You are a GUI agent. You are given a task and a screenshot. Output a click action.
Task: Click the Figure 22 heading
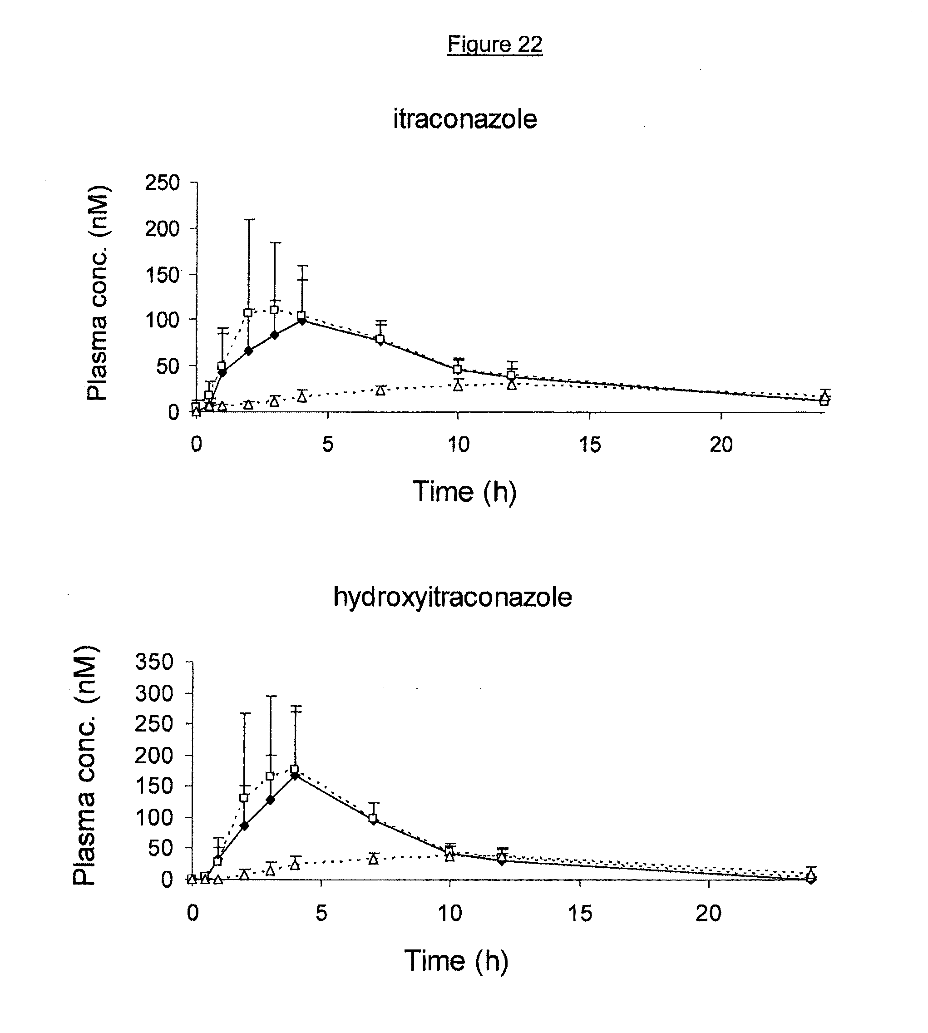tap(494, 45)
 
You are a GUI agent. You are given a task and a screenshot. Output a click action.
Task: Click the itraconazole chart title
tap(464, 119)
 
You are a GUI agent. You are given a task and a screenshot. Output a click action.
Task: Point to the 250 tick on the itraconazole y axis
tap(162, 183)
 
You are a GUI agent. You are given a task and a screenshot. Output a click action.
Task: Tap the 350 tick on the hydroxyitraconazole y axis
tap(154, 662)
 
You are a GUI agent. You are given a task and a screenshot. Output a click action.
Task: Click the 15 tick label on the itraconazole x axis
tap(590, 445)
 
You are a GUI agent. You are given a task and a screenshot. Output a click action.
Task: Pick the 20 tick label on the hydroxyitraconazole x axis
tap(708, 913)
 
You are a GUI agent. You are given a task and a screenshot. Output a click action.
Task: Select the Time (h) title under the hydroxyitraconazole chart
tap(456, 961)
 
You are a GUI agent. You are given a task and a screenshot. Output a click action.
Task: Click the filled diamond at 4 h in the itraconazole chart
tap(302, 321)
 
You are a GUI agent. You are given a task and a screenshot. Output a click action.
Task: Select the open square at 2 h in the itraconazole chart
tap(248, 312)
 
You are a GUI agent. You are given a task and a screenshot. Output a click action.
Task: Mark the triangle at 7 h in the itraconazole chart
tap(380, 390)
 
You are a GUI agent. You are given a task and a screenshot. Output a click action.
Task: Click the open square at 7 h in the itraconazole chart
tap(380, 339)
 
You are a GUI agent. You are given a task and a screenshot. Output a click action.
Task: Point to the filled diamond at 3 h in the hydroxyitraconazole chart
tap(270, 800)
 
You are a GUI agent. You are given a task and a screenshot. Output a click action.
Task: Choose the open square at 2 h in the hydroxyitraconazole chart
tap(244, 798)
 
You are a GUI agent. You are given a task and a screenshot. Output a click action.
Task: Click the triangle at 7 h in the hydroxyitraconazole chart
tap(373, 859)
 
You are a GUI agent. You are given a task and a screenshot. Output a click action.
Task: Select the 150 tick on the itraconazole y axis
tap(162, 275)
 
